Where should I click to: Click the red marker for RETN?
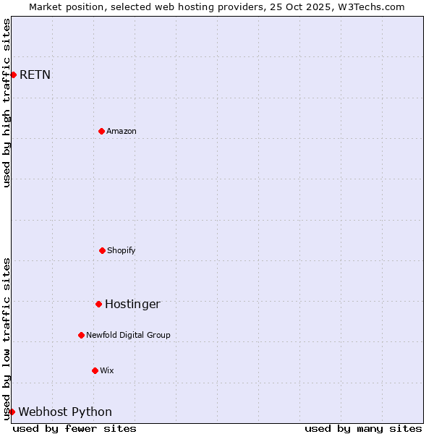(13, 75)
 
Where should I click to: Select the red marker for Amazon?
(101, 131)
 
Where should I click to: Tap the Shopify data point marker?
(102, 250)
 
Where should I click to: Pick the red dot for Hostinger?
(98, 304)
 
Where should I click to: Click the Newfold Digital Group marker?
(81, 335)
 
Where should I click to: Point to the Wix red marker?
(95, 370)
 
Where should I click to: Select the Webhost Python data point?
(12, 412)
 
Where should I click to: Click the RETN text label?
(35, 75)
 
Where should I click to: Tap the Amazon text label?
(122, 131)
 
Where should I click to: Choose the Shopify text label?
(122, 250)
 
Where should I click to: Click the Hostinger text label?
(132, 304)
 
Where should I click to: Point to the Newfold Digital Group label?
(128, 335)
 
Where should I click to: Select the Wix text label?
(107, 370)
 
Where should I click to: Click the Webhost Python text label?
(65, 412)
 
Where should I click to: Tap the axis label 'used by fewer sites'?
(75, 428)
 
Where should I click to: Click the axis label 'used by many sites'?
(363, 428)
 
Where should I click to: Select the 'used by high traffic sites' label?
(7, 103)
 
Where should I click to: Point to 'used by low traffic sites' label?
(7, 339)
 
